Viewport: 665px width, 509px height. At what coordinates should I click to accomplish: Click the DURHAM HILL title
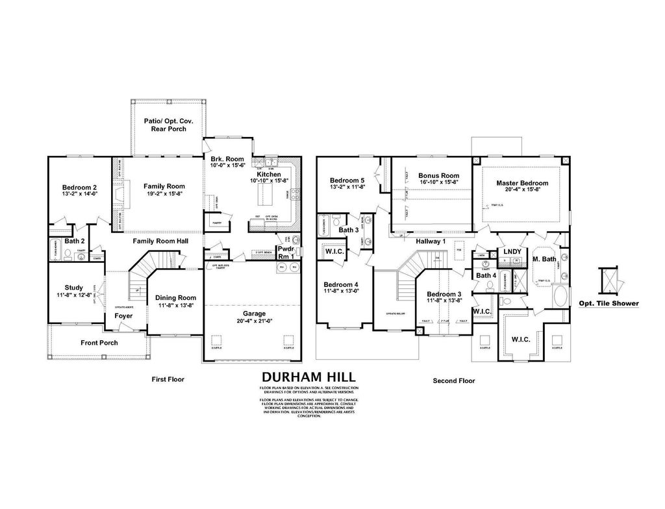coord(308,377)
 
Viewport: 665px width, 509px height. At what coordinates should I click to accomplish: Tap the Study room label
coord(73,287)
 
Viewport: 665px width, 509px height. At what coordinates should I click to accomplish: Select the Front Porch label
coord(99,342)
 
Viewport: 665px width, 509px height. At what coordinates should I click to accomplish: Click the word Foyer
coord(123,316)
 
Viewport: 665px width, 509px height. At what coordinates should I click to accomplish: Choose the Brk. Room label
coord(227,159)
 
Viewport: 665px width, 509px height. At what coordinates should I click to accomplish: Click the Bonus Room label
coord(438,175)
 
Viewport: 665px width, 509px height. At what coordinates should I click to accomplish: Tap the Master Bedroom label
coord(522,183)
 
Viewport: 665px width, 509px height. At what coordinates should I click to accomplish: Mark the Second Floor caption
coord(454,381)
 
